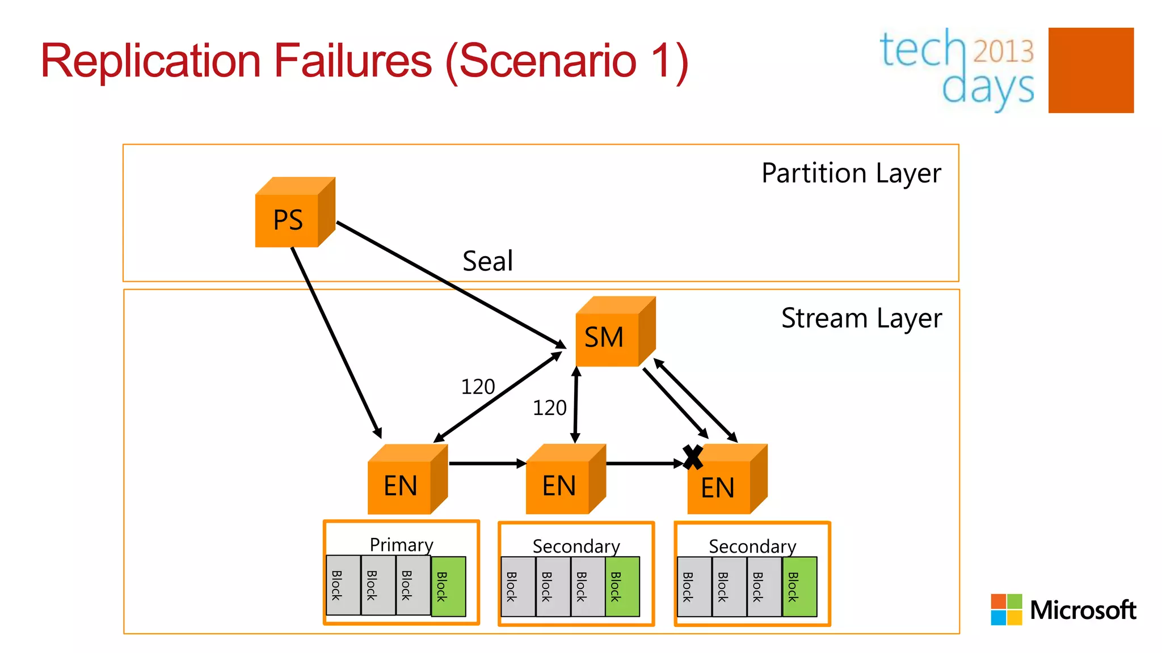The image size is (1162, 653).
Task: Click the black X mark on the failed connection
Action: pyautogui.click(x=693, y=457)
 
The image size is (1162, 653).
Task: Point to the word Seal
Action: pyautogui.click(x=487, y=261)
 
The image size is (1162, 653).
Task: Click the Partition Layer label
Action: pyautogui.click(x=851, y=173)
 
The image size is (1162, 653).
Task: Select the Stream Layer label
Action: pyautogui.click(x=861, y=318)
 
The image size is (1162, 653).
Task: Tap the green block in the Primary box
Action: pyautogui.click(x=448, y=586)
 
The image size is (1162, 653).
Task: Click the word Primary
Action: pyautogui.click(x=401, y=545)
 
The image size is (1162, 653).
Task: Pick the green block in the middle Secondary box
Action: pyautogui.click(x=622, y=587)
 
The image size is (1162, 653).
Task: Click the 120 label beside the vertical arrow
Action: pyautogui.click(x=549, y=408)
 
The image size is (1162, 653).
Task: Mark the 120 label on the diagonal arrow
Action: pyautogui.click(x=478, y=387)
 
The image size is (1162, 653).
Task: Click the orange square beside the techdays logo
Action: pyautogui.click(x=1091, y=70)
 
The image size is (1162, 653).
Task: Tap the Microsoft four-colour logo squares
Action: pyautogui.click(x=1006, y=609)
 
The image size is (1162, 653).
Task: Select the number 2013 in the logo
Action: pyautogui.click(x=1004, y=51)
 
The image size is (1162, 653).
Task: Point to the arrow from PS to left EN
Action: pyautogui.click(x=335, y=340)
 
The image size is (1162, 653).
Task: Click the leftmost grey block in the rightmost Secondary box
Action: pyautogui.click(x=694, y=587)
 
